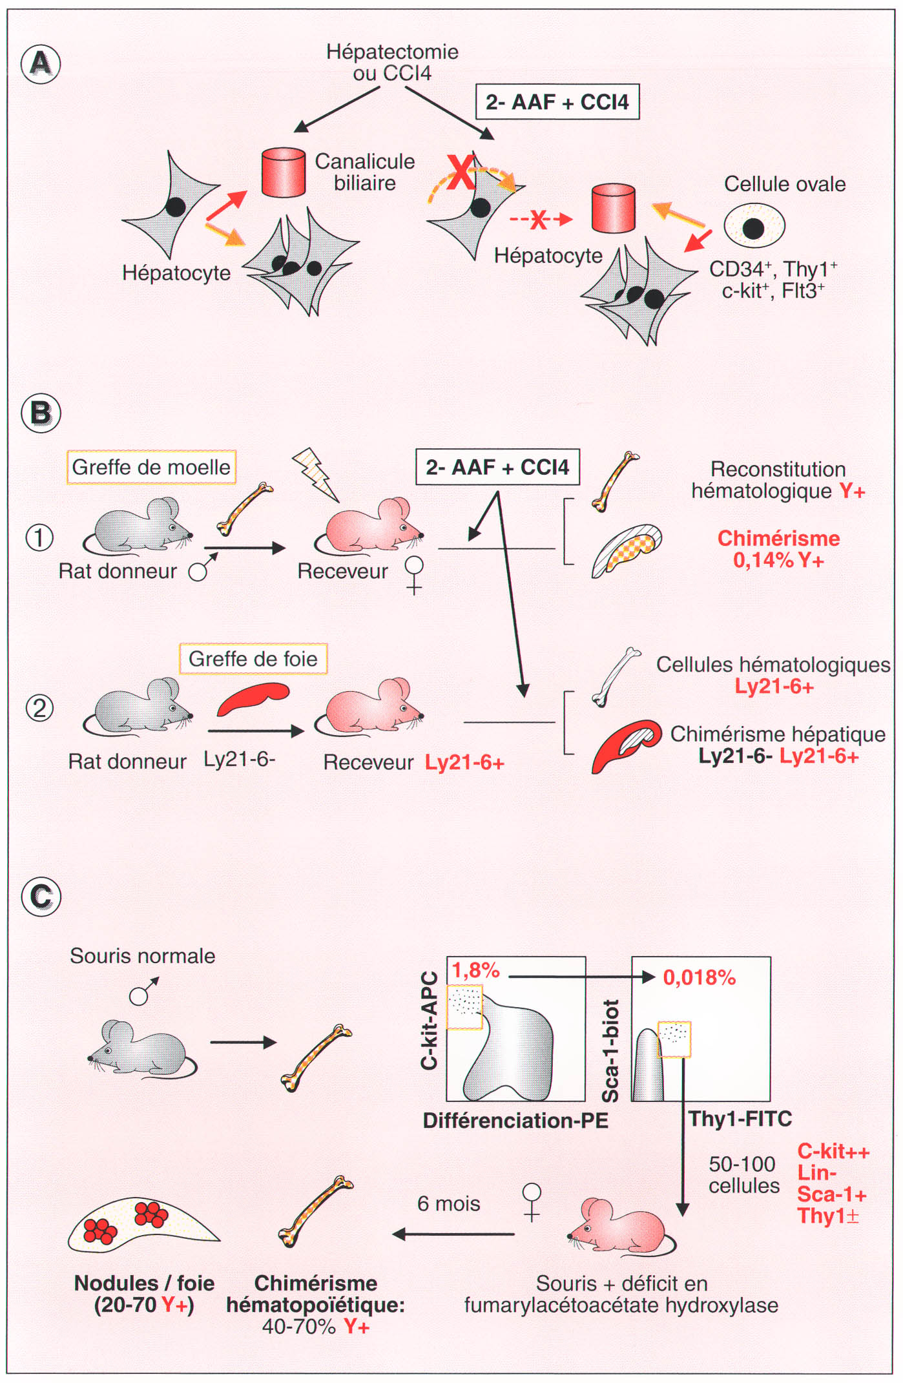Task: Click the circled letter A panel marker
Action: [41, 63]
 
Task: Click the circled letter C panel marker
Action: [41, 897]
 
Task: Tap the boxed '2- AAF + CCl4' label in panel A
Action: [557, 102]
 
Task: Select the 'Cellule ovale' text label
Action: [784, 184]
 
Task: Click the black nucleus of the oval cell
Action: [753, 227]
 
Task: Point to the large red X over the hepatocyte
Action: [461, 172]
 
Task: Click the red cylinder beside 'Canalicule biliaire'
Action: [284, 172]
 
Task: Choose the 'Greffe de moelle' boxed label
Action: [151, 467]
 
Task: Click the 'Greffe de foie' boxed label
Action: [253, 659]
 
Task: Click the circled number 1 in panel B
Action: [39, 537]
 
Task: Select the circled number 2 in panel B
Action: [39, 709]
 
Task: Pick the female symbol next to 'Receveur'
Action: [413, 574]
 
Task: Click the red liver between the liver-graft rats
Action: [253, 700]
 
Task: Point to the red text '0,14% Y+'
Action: [778, 560]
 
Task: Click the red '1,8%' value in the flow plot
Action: [475, 970]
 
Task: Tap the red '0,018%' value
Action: [699, 977]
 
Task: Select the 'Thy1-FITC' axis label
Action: [740, 1119]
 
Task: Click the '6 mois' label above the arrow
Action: [448, 1203]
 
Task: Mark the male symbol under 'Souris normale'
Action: [143, 992]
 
